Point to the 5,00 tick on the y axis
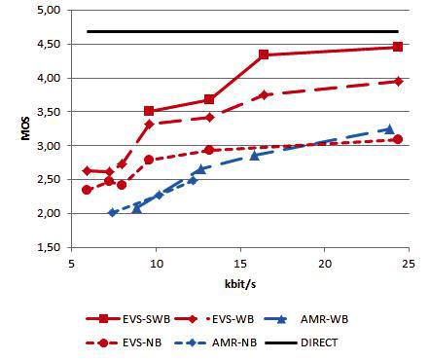[47, 11]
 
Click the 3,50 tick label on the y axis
[47, 112]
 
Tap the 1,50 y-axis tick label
[47, 247]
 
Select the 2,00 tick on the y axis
[47, 213]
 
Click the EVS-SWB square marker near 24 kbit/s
[398, 47]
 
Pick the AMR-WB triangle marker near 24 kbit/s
[389, 129]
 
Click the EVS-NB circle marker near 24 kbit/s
[397, 139]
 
